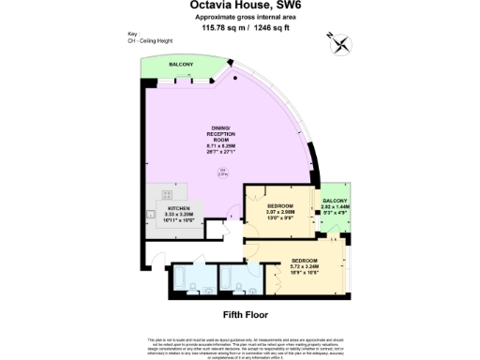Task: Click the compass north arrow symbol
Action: pos(339,42)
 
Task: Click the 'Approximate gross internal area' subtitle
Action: pos(241,17)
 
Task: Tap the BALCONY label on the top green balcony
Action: pos(181,64)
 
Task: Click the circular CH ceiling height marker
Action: pos(223,172)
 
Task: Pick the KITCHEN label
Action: pos(179,207)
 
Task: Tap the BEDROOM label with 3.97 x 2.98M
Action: pos(280,205)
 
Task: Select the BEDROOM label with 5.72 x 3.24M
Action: pos(304,259)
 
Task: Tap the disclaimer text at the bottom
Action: pos(241,344)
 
